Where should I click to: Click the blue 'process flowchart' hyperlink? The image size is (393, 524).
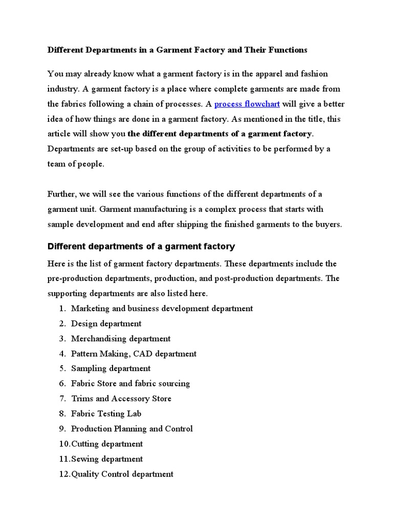pyautogui.click(x=247, y=104)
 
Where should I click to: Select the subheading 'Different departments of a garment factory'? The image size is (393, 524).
pyautogui.click(x=141, y=247)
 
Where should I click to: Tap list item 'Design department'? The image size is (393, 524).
pyautogui.click(x=106, y=323)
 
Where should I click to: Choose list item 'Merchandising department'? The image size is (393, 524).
pyautogui.click(x=121, y=339)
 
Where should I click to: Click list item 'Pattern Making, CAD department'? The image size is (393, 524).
pyautogui.click(x=134, y=354)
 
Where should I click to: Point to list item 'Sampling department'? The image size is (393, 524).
pyautogui.click(x=111, y=368)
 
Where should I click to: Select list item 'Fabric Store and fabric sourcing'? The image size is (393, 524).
pyautogui.click(x=130, y=383)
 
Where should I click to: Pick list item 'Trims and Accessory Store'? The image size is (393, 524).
pyautogui.click(x=121, y=399)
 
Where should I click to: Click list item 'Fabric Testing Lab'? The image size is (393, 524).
pyautogui.click(x=106, y=413)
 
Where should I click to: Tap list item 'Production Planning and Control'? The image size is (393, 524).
pyautogui.click(x=132, y=429)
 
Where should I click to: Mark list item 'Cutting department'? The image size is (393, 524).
pyautogui.click(x=107, y=444)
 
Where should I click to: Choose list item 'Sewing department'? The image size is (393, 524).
pyautogui.click(x=107, y=459)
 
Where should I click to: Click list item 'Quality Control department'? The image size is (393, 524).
pyautogui.click(x=122, y=474)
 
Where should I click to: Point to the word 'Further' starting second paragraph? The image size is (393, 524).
pyautogui.click(x=62, y=194)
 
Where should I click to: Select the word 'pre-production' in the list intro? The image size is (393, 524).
pyautogui.click(x=73, y=279)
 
